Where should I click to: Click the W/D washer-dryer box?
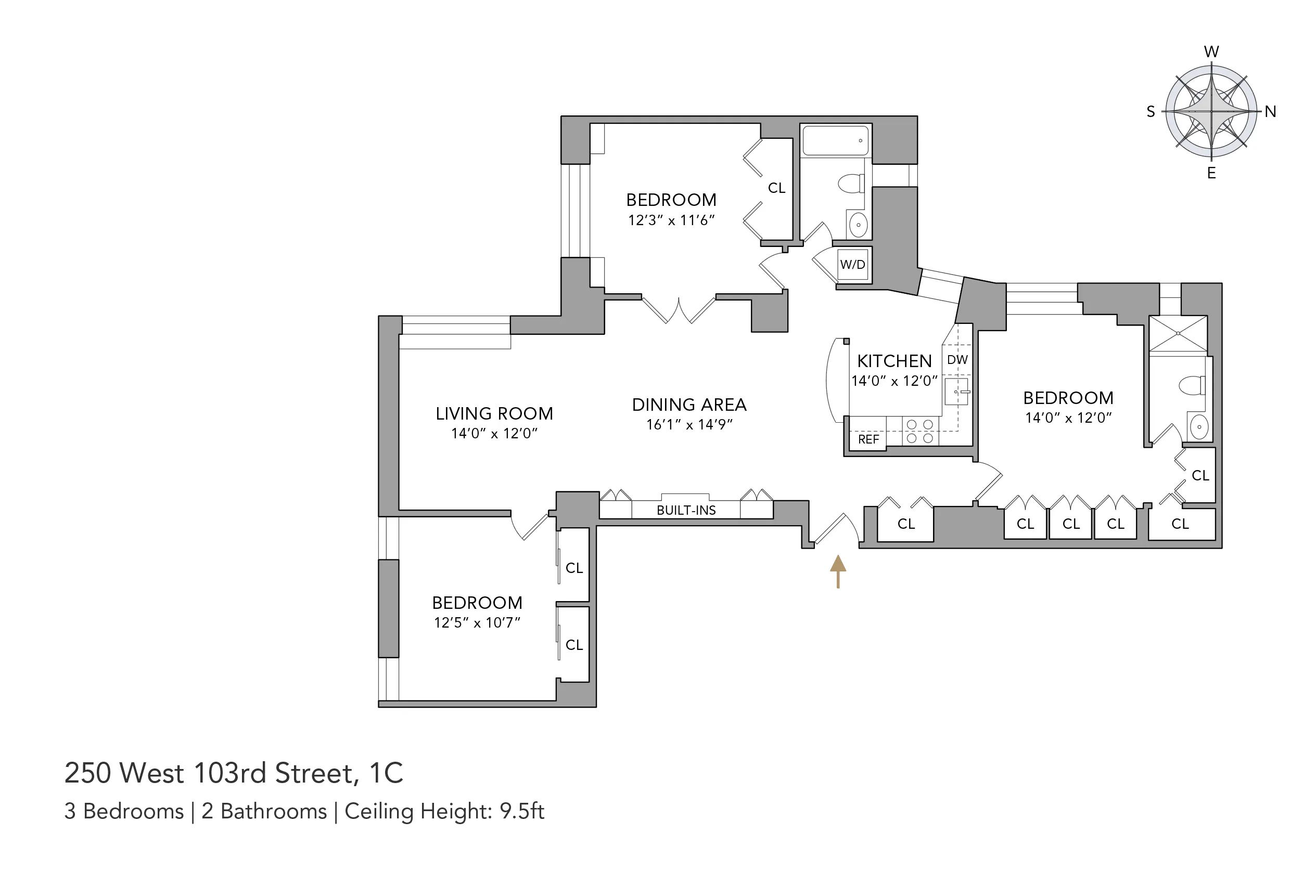pyautogui.click(x=852, y=265)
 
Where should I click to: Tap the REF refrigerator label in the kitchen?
pyautogui.click(x=868, y=439)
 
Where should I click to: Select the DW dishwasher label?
pyautogui.click(x=957, y=360)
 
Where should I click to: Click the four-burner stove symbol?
pyautogui.click(x=920, y=432)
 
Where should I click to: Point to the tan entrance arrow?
pyautogui.click(x=838, y=571)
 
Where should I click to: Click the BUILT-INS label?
pyautogui.click(x=686, y=510)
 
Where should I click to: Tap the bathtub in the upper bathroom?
pyautogui.click(x=835, y=140)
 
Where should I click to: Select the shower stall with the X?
pyautogui.click(x=1178, y=334)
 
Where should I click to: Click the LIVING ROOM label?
pyautogui.click(x=494, y=414)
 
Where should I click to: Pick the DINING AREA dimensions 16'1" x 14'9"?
pyautogui.click(x=689, y=425)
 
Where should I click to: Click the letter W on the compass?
pyautogui.click(x=1211, y=52)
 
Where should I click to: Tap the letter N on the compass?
pyautogui.click(x=1270, y=112)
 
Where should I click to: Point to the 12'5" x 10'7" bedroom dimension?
pyautogui.click(x=477, y=622)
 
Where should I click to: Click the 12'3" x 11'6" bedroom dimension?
pyautogui.click(x=671, y=220)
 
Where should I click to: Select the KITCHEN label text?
pyautogui.click(x=894, y=361)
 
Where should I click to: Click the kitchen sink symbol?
pyautogui.click(x=956, y=392)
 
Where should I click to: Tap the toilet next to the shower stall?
pyautogui.click(x=1191, y=385)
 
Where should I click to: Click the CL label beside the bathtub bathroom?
pyautogui.click(x=776, y=188)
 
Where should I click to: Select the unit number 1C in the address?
pyautogui.click(x=386, y=773)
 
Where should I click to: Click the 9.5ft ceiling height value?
pyautogui.click(x=521, y=811)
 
